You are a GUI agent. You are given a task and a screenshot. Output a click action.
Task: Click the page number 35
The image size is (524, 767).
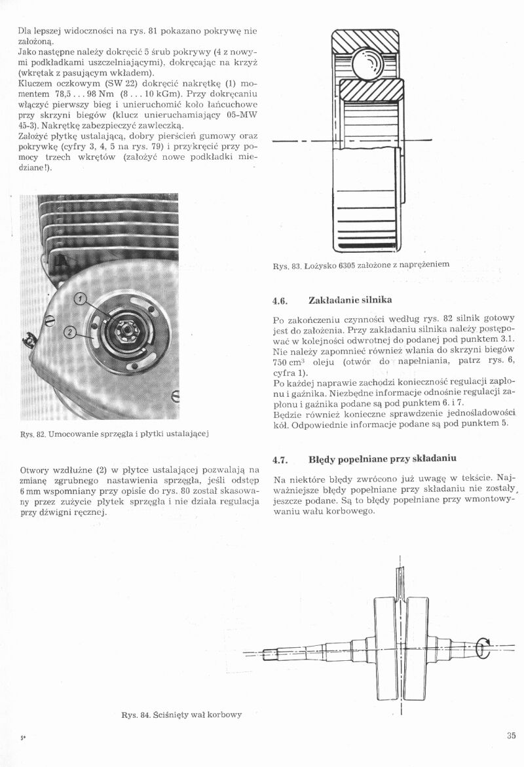511,735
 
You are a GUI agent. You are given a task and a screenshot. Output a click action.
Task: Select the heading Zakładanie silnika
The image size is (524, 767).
350,301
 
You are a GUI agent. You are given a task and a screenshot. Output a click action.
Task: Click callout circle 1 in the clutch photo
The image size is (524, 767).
81,299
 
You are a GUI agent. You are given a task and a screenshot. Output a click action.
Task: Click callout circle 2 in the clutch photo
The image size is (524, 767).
70,333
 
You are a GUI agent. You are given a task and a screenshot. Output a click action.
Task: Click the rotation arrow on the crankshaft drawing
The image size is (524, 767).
483,648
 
